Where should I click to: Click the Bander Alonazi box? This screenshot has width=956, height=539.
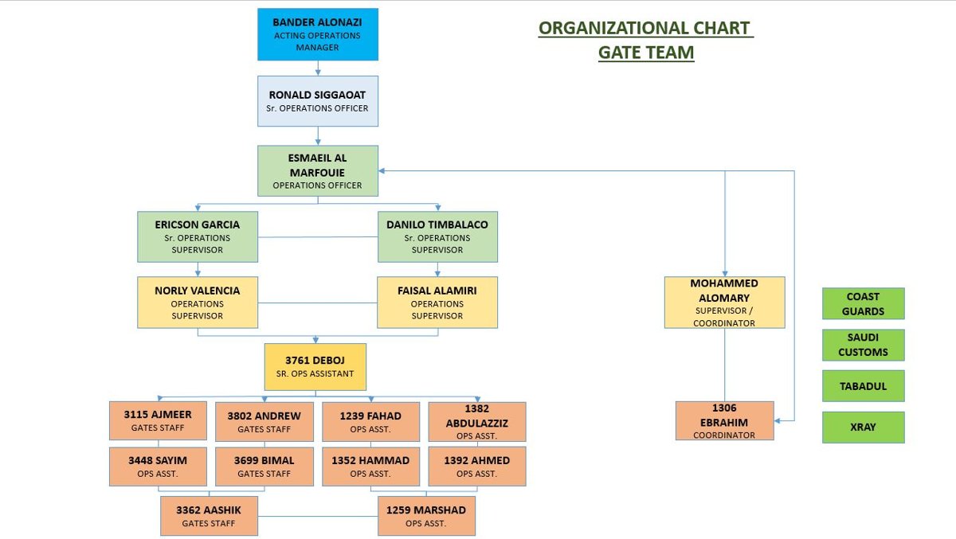(318, 34)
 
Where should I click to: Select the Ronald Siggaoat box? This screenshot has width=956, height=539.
(318, 101)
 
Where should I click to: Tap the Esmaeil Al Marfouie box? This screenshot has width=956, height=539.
(318, 171)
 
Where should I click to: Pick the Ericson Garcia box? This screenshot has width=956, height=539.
(198, 236)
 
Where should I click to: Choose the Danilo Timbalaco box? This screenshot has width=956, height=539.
(437, 236)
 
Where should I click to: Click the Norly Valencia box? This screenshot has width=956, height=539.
(198, 303)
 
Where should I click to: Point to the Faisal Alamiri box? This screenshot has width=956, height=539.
(437, 303)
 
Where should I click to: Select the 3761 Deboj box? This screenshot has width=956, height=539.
(315, 367)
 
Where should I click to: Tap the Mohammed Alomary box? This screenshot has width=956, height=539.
(725, 303)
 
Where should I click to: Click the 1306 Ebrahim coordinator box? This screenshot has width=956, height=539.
(725, 420)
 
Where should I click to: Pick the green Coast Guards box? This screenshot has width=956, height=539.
(864, 303)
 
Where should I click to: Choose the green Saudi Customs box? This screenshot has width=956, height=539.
(864, 345)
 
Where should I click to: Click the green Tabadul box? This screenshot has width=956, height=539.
(864, 386)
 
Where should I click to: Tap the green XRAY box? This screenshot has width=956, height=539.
(864, 427)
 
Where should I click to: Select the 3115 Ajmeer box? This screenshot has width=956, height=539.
(158, 420)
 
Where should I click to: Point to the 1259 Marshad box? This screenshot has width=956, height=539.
(426, 516)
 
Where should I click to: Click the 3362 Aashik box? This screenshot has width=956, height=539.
(209, 516)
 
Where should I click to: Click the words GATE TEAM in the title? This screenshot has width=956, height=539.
(646, 53)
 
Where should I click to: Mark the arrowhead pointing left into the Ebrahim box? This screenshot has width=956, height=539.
(778, 421)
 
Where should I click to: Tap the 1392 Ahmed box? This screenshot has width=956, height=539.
(477, 467)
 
